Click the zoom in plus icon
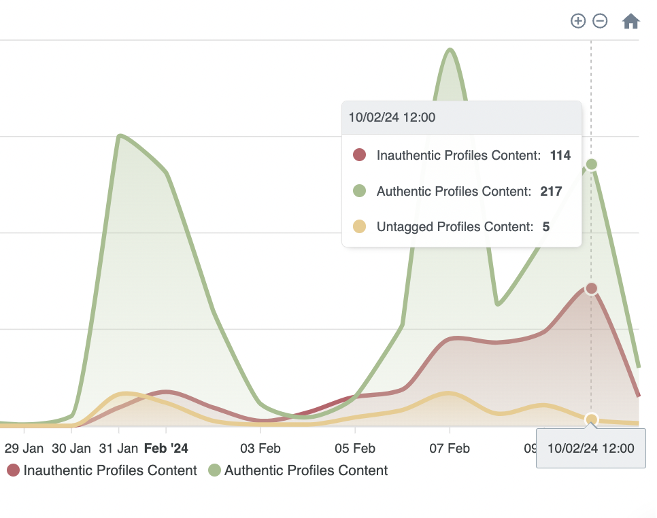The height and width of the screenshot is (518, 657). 577,21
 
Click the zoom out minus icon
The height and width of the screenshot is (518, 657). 600,21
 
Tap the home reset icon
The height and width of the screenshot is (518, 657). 631,22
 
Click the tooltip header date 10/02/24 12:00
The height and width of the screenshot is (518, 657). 392,118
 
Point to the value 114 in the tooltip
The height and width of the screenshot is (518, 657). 560,156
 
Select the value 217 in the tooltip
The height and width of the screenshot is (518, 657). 551,192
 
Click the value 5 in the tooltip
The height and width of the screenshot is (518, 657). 546,227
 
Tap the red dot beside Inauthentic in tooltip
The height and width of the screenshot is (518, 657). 360,156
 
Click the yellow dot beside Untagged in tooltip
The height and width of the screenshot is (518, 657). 360,227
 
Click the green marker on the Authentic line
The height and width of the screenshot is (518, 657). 592,164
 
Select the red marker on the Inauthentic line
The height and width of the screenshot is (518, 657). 592,288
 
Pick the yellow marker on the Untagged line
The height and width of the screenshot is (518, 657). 592,419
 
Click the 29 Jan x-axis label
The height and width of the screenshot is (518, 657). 24,449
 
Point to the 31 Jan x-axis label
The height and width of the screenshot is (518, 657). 118,449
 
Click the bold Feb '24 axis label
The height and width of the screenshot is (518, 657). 166,449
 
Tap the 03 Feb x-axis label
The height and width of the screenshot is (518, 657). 260,449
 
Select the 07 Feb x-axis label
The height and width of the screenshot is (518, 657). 450,449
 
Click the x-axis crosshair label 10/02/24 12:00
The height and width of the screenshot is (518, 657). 590,449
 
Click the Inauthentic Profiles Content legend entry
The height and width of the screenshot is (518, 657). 103,470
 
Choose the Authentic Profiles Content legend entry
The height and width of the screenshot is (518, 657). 299,470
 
